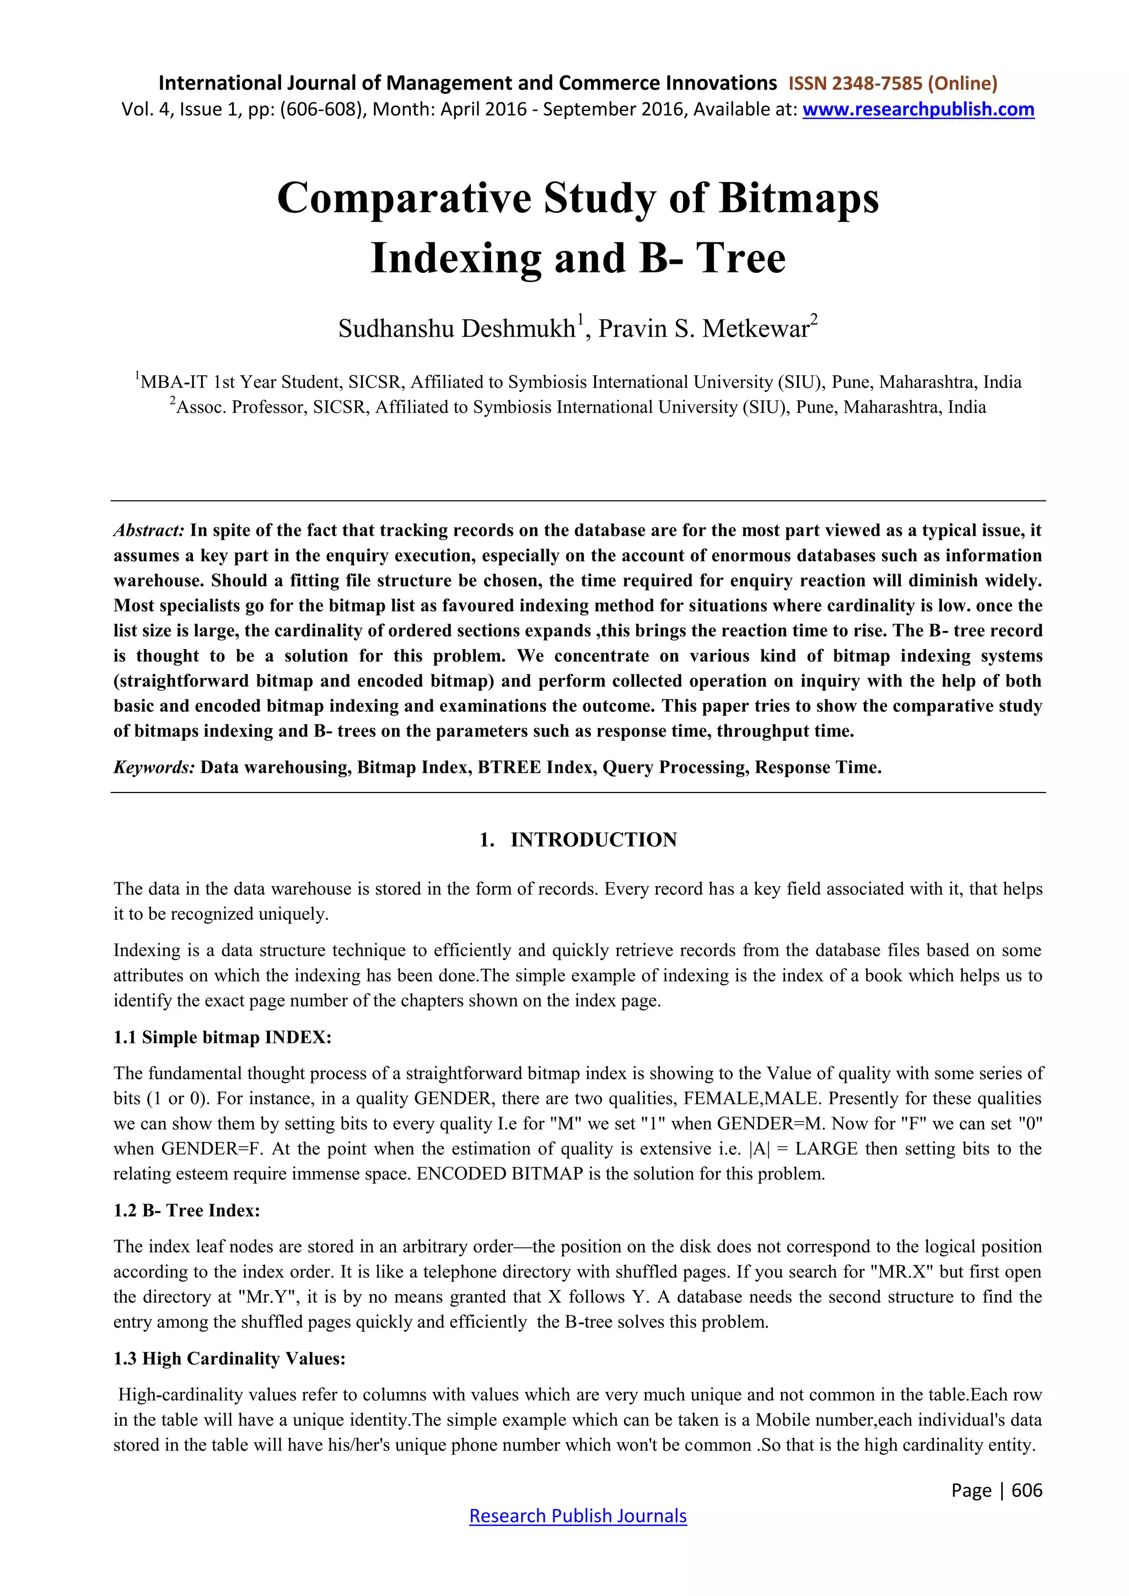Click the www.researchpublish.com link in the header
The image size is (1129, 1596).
click(x=918, y=109)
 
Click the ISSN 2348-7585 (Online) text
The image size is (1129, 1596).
click(x=893, y=83)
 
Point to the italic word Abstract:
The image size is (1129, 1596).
click(x=149, y=530)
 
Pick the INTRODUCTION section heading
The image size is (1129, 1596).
click(x=593, y=840)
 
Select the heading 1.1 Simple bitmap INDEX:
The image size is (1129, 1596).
click(x=223, y=1037)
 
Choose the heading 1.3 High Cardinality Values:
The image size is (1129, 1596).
click(x=229, y=1358)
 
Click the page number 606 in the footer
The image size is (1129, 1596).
click(x=1027, y=1490)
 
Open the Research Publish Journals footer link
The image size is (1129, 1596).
click(x=578, y=1516)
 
